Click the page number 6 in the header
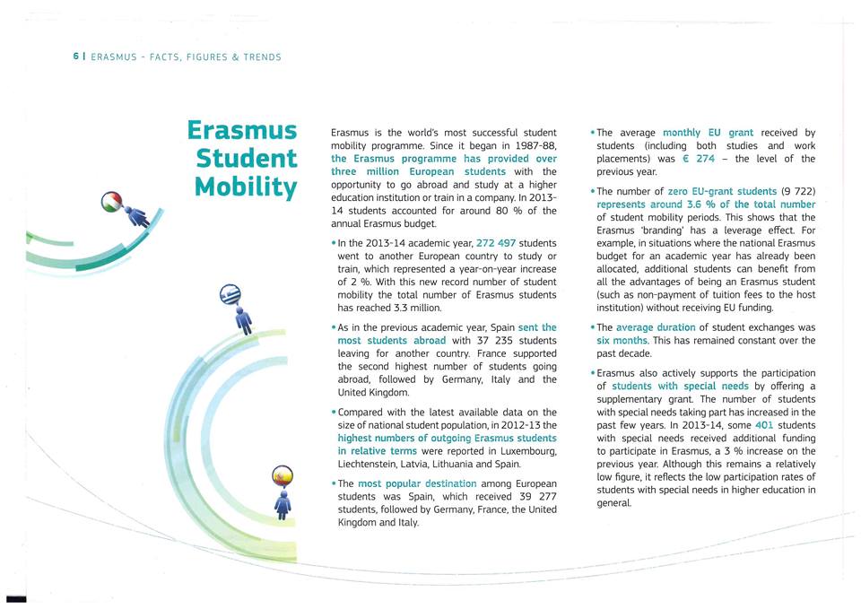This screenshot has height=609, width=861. (x=75, y=57)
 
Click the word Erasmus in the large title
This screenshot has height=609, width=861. (x=242, y=131)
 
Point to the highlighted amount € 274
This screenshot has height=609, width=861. (x=698, y=159)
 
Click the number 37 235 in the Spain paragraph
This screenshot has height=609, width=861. (x=493, y=341)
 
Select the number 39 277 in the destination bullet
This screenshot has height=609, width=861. (x=535, y=496)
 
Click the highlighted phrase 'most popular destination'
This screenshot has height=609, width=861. (x=417, y=483)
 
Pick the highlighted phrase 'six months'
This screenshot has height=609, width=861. (x=625, y=341)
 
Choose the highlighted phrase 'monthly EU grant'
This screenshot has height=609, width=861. (x=708, y=133)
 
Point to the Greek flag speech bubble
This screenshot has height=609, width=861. (x=230, y=297)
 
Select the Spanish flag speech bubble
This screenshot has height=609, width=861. (x=283, y=475)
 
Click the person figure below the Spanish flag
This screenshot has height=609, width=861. (x=283, y=504)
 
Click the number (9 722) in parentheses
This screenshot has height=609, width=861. (x=798, y=191)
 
